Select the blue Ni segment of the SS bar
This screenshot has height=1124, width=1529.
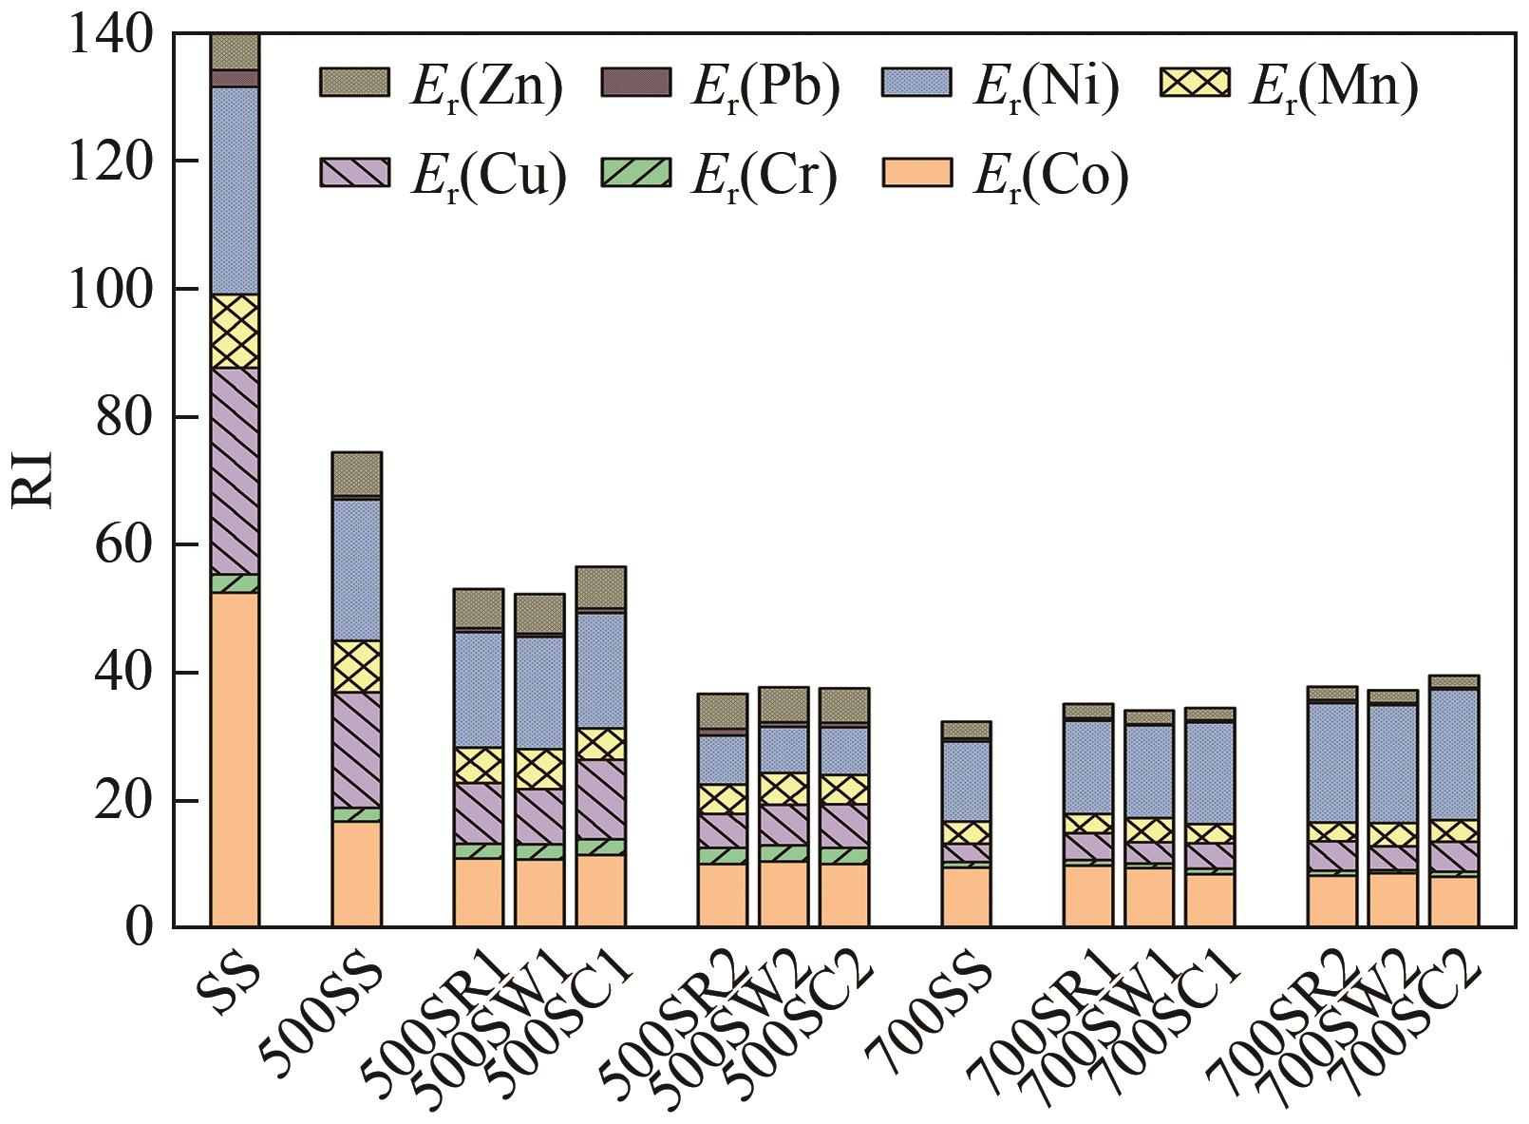[x=235, y=190]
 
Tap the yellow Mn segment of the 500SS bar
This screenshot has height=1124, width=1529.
[x=356, y=666]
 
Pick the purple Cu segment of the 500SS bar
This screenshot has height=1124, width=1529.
[x=356, y=750]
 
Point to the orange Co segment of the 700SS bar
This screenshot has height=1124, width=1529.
[x=966, y=896]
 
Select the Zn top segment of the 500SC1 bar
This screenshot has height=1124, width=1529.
[x=600, y=587]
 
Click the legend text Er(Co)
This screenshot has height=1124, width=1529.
[x=1051, y=175]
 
